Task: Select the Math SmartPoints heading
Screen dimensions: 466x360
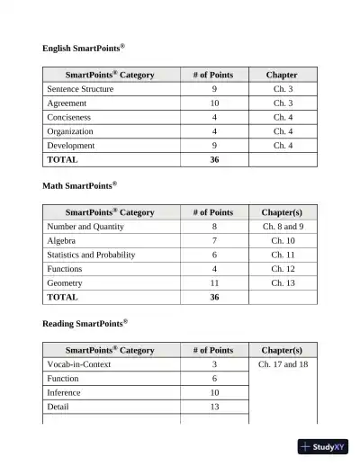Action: click(79, 185)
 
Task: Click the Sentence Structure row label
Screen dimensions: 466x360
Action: click(80, 90)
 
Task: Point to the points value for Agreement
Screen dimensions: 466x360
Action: click(214, 103)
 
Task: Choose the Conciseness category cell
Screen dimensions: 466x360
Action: click(69, 117)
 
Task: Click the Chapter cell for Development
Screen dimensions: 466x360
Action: click(283, 145)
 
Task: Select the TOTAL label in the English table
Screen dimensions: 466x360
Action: click(62, 159)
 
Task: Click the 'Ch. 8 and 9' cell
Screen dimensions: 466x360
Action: click(283, 228)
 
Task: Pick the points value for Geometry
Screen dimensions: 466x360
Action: click(214, 282)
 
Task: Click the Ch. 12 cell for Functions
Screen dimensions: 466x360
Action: click(283, 269)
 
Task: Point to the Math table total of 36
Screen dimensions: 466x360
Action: click(214, 297)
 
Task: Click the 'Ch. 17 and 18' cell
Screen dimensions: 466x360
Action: click(283, 365)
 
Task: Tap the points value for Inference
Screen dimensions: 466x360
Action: click(214, 393)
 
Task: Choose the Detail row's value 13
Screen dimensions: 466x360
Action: click(214, 407)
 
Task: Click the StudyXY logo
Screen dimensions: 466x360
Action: click(322, 447)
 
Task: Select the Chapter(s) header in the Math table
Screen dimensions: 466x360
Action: click(283, 212)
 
